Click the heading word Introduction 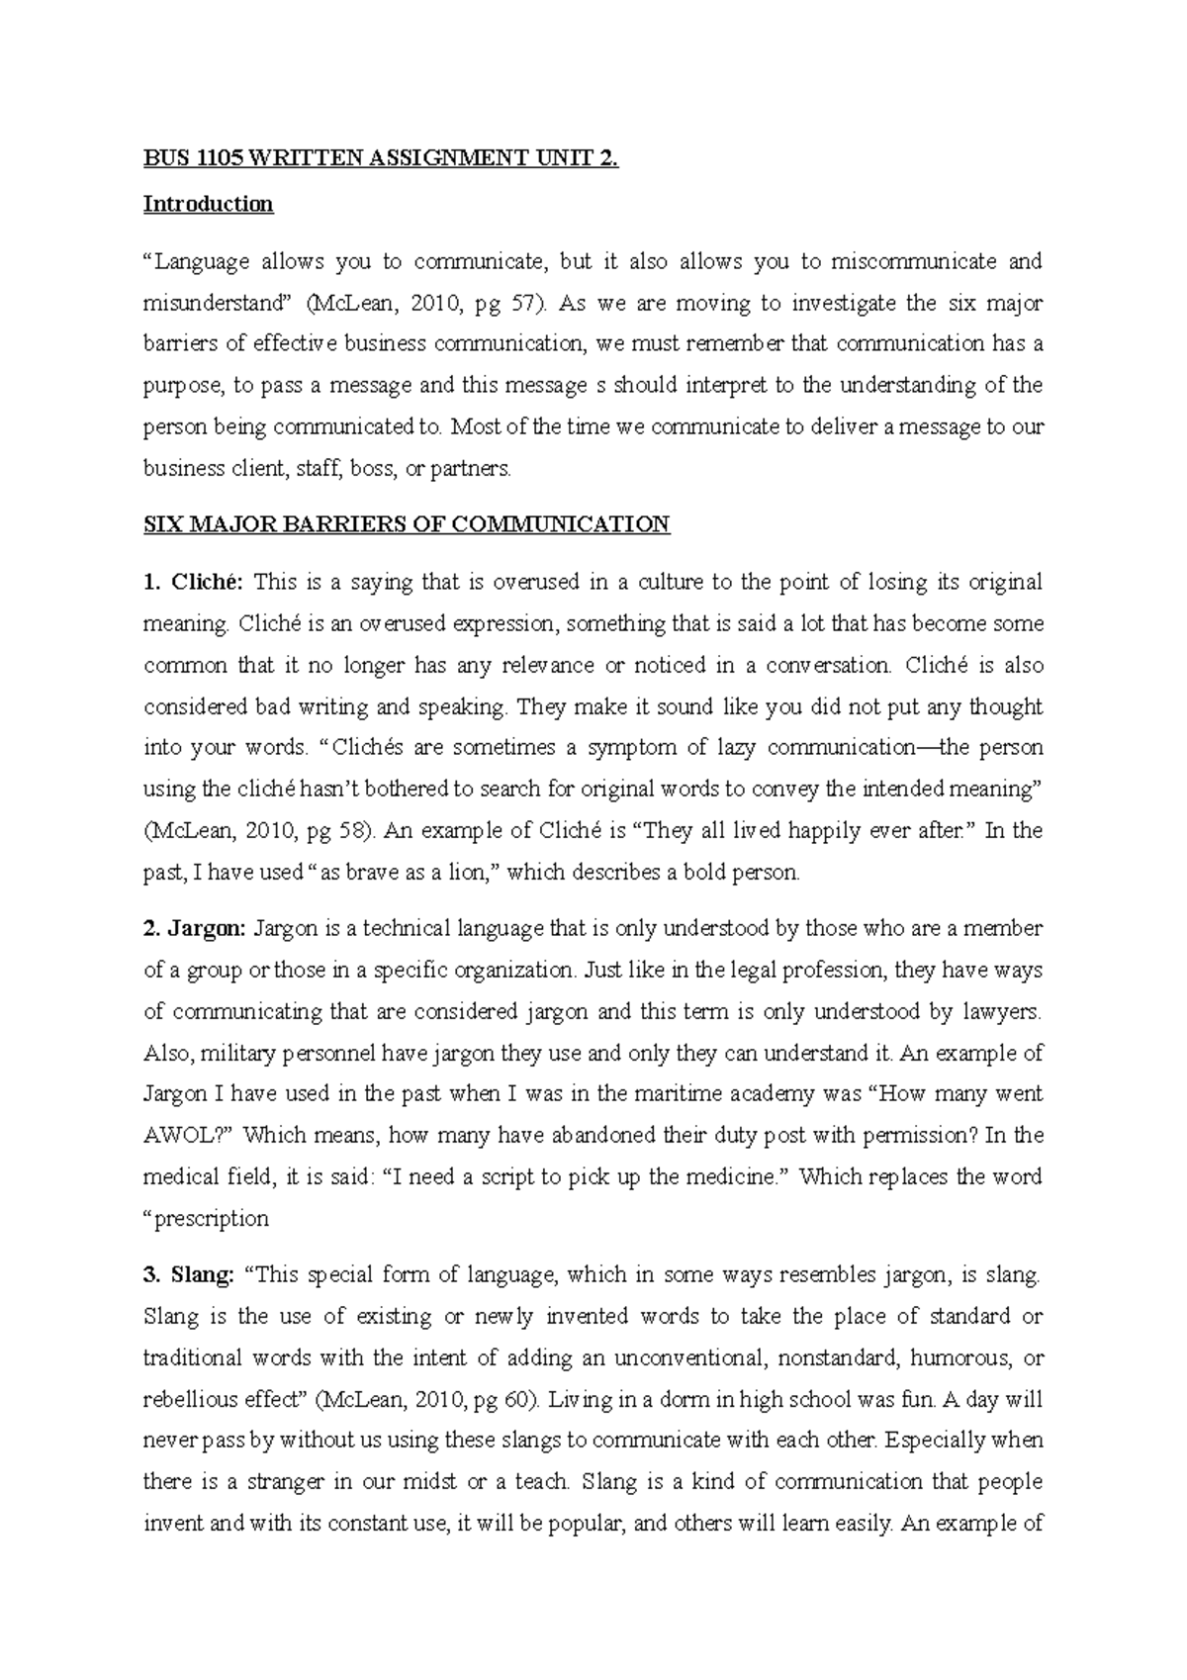(x=208, y=204)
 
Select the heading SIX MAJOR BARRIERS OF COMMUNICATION (x=407, y=524)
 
